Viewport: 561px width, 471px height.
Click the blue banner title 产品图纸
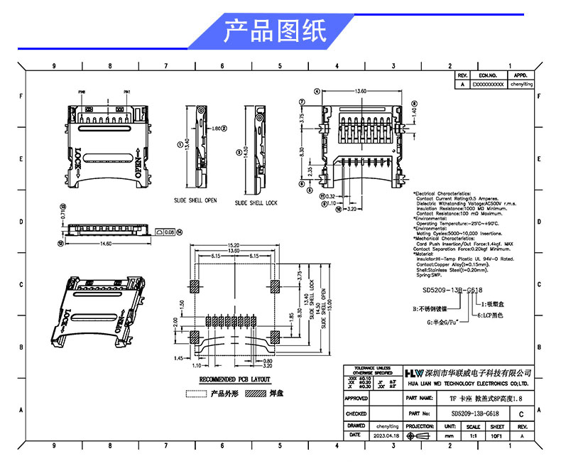[275, 31]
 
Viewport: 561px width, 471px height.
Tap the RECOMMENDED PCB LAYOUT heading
[234, 379]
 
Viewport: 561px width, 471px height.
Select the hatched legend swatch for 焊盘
[256, 393]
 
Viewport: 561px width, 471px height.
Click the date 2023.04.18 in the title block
[387, 434]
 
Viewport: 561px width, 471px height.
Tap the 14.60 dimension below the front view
[105, 244]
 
